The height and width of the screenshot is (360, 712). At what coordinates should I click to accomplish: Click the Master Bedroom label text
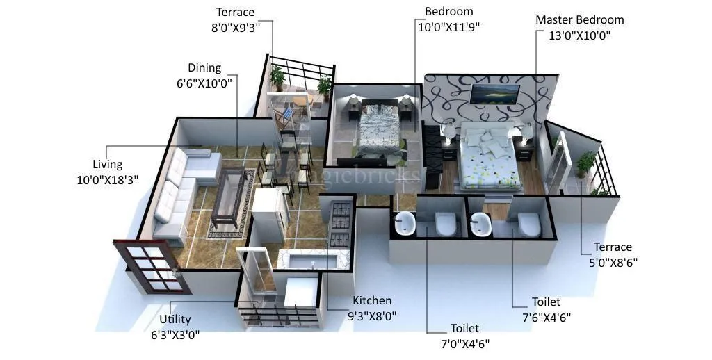coord(579,19)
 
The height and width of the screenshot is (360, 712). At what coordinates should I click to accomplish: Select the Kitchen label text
coord(372,300)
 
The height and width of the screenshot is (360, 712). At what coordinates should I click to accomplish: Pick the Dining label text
coord(204,67)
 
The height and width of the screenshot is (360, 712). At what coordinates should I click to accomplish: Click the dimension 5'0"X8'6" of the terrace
coord(613,262)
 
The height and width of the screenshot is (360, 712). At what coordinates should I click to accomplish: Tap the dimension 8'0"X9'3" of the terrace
coord(235,27)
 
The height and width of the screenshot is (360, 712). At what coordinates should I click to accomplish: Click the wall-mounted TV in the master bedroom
coord(495,94)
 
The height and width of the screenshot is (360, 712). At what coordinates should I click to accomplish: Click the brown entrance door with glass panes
coord(152,267)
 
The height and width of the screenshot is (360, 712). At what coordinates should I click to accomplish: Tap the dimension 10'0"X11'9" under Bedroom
coord(448,27)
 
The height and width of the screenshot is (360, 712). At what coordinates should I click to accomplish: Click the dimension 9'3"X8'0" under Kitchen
coord(372,316)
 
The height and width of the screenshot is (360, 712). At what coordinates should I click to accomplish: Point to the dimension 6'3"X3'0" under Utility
coord(175,334)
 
